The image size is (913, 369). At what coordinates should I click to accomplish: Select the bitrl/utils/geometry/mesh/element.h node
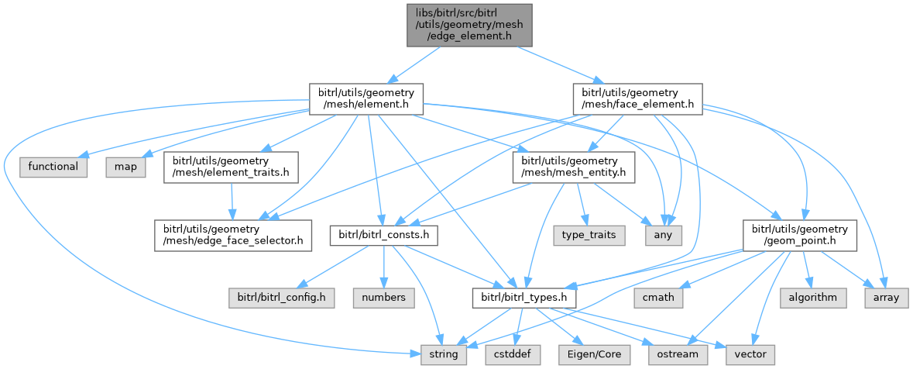pos(366,98)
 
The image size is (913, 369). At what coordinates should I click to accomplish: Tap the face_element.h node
pos(637,98)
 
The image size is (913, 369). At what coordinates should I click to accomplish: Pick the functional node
pos(53,167)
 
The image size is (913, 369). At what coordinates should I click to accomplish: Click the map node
pos(125,167)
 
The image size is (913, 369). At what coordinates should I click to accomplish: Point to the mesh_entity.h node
pos(573,167)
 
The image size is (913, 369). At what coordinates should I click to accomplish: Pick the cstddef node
pos(507,354)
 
